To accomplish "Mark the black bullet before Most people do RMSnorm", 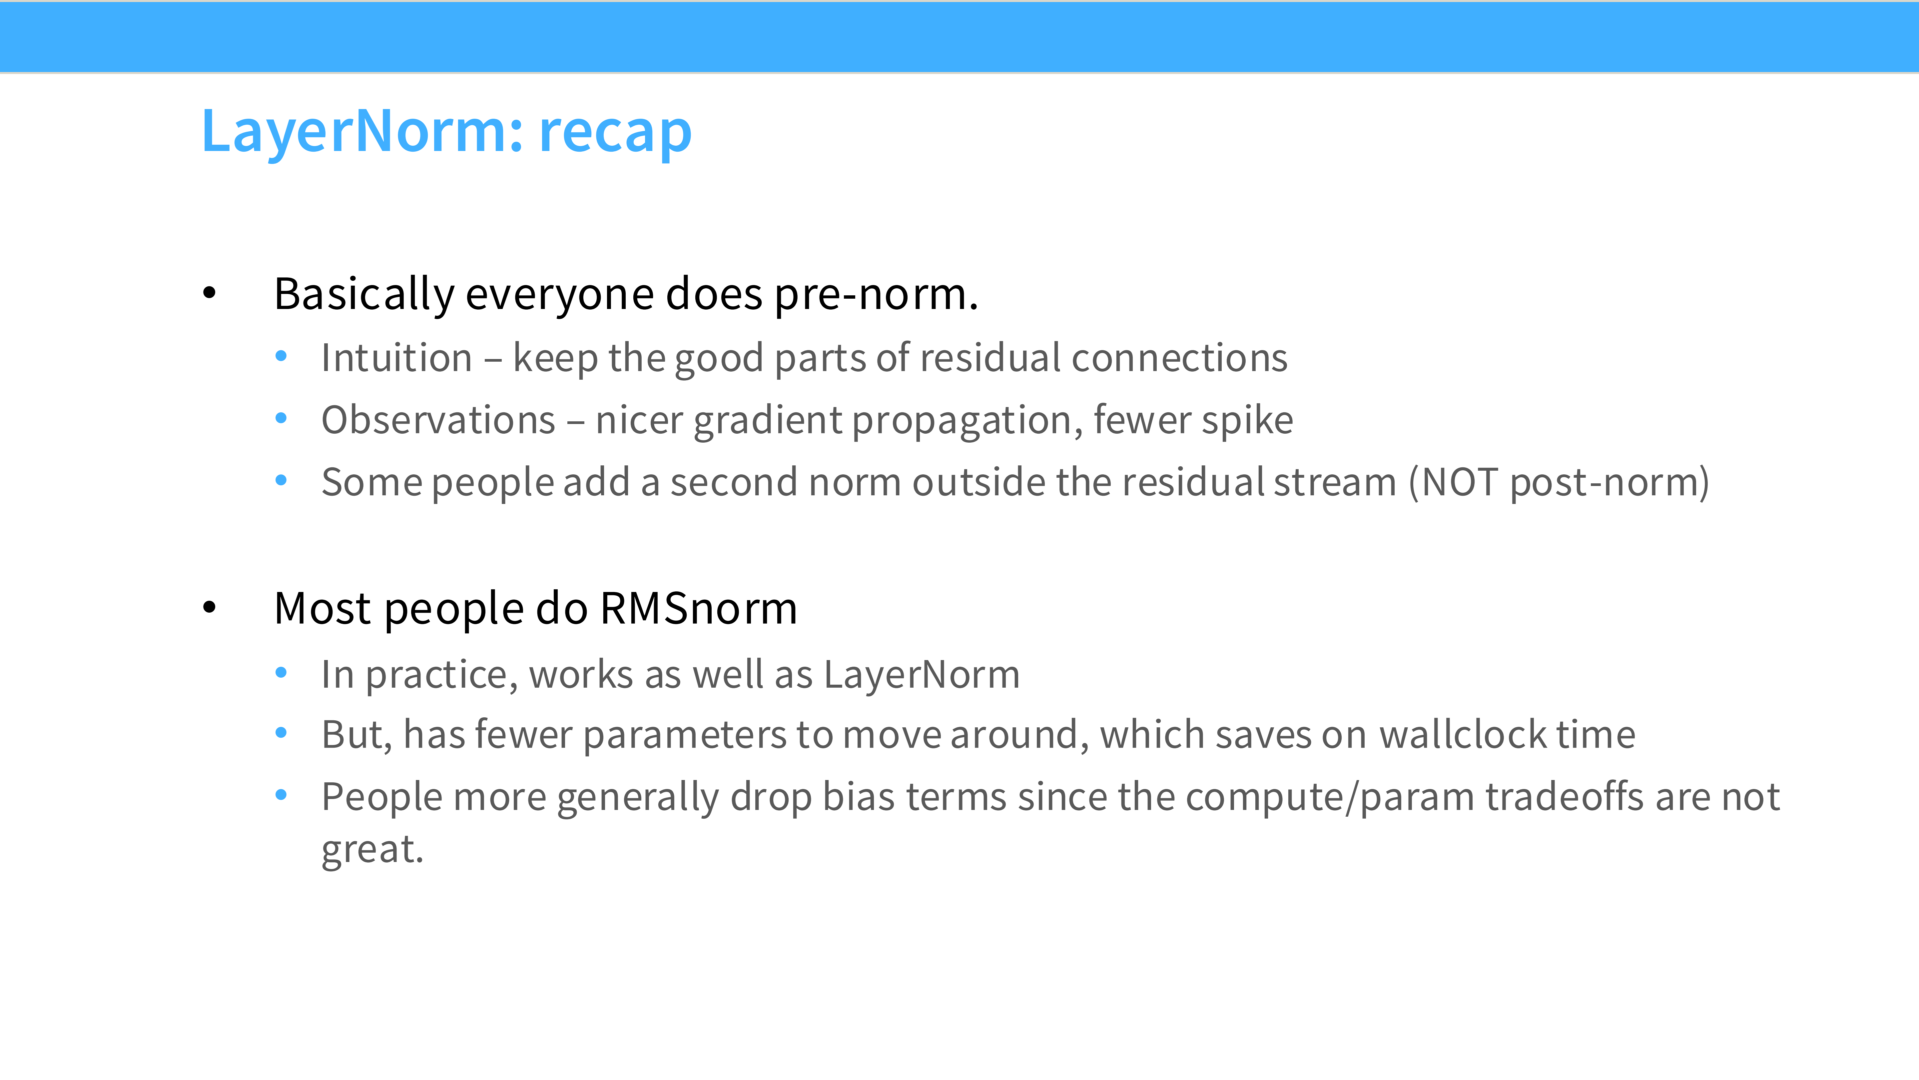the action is tap(209, 607).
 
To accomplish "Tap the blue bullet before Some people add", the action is tap(281, 480).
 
